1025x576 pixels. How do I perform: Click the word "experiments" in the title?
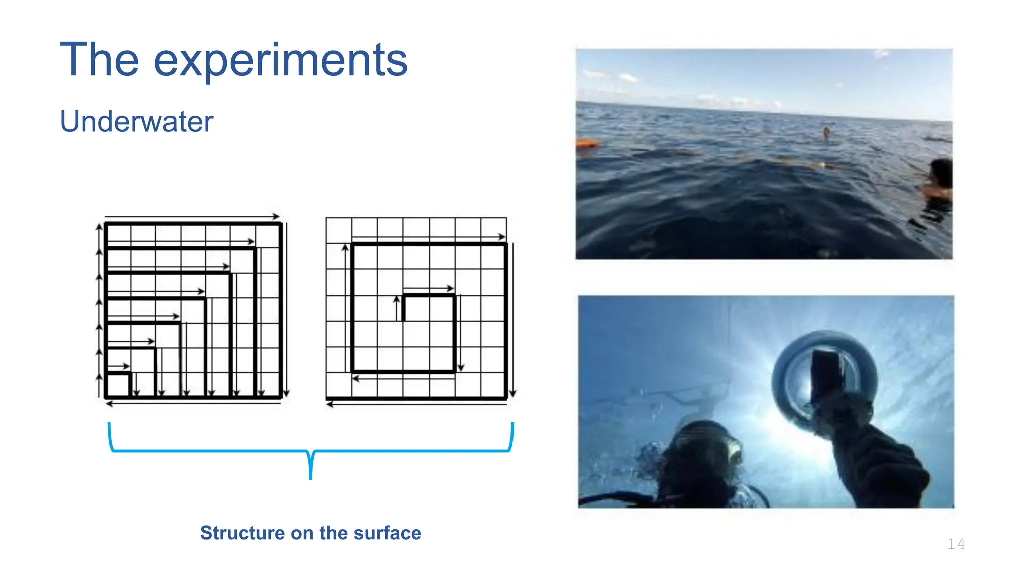[280, 61]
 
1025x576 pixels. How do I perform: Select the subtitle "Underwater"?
[136, 121]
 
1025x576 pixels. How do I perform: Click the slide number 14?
[956, 544]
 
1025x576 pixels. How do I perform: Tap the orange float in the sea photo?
[587, 144]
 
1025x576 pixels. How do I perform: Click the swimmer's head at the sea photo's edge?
[941, 173]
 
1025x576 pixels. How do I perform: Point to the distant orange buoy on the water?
[826, 132]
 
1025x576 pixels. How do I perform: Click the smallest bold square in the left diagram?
[118, 385]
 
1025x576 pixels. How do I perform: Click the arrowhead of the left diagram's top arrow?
[276, 217]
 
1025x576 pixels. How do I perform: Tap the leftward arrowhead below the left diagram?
[109, 404]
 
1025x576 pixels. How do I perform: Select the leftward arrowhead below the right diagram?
[330, 404]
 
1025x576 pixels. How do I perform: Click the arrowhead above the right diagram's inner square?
[450, 288]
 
